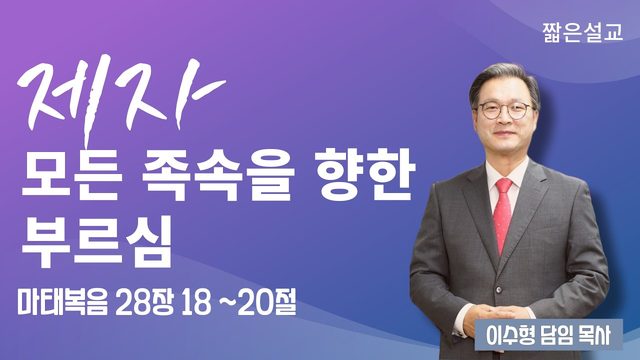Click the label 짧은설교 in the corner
[582, 32]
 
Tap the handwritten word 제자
[121, 98]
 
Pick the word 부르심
[96, 243]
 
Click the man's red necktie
[502, 213]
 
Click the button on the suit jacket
[498, 291]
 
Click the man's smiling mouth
[507, 134]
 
